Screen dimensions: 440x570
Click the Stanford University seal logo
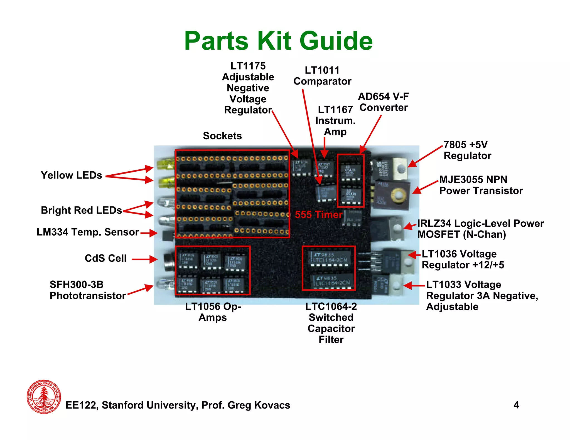[44, 396]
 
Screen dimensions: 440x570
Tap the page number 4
[516, 405]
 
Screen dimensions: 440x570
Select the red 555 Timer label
[318, 215]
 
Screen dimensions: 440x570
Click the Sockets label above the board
[222, 136]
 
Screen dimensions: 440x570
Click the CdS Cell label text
[105, 258]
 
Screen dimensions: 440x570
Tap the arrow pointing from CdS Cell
[144, 259]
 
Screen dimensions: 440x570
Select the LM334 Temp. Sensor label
[88, 232]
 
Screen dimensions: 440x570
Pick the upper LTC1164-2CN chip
[329, 258]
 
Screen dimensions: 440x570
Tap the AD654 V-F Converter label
[384, 102]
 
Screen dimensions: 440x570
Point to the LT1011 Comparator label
[322, 76]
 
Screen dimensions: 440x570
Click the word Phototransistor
[88, 296]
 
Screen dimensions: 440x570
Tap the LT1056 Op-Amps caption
[213, 312]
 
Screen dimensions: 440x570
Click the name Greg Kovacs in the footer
[259, 405]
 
